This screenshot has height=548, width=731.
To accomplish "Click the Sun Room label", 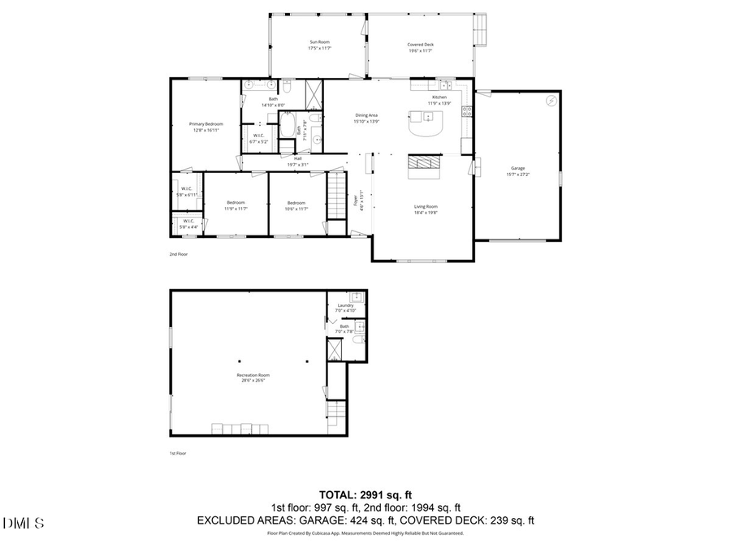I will [x=319, y=42].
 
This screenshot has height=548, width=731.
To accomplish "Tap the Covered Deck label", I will [x=420, y=45].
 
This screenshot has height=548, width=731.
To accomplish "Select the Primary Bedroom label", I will [x=207, y=124].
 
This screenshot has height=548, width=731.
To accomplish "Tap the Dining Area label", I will [x=365, y=115].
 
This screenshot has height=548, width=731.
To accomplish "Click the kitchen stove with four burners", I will [x=466, y=112].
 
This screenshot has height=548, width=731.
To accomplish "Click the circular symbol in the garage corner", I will [x=551, y=101].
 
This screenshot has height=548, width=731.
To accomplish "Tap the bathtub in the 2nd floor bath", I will [x=288, y=127].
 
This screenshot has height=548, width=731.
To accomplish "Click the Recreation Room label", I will [x=251, y=375].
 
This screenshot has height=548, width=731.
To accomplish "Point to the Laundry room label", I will [x=346, y=305].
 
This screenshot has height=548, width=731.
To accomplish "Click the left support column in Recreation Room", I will [x=240, y=361].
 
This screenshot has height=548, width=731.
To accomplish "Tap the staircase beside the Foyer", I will [x=336, y=196].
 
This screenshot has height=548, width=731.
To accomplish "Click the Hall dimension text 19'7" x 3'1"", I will [x=298, y=164].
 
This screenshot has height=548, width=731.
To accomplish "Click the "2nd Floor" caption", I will [x=178, y=254].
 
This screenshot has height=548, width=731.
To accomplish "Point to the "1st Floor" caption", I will [x=177, y=453].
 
